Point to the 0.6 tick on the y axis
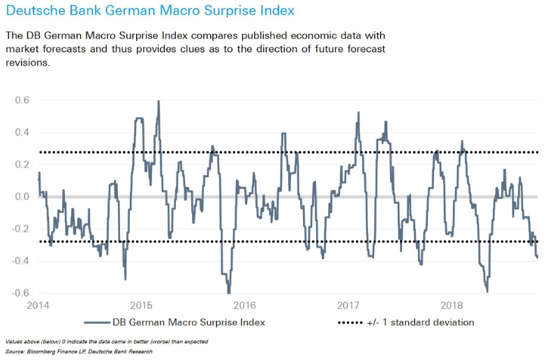22,100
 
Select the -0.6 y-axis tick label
21,293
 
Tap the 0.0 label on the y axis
22,197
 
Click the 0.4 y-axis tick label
22,133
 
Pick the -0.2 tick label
21,229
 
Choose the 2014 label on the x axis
38,306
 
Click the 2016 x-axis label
244,306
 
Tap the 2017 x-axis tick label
348,306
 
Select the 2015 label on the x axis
142,306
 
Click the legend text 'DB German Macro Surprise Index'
188,322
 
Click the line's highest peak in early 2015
158,101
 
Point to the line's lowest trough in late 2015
228,293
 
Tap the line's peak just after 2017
358,112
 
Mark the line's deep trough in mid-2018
486,292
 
